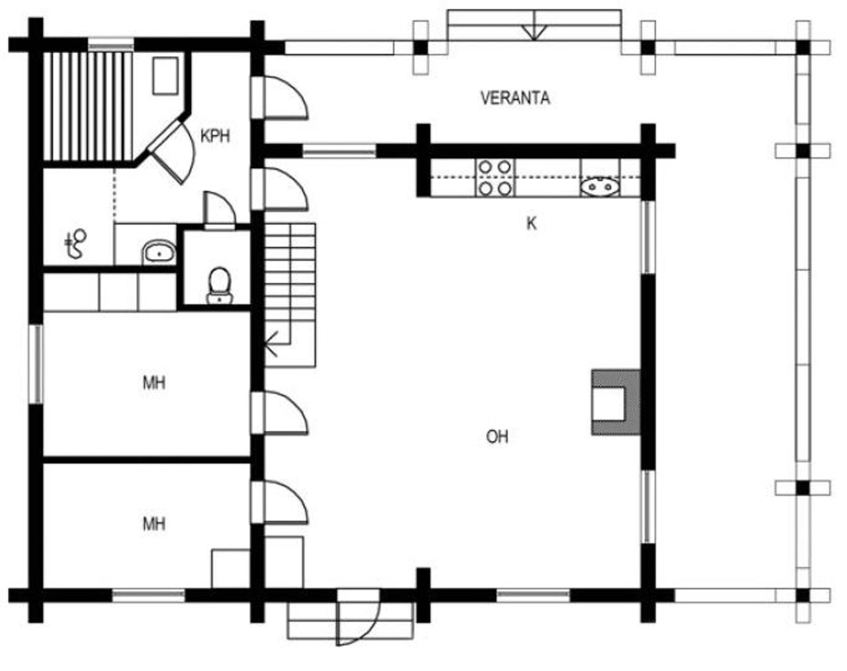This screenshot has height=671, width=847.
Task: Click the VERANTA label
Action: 515,99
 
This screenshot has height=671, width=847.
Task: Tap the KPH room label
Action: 215,136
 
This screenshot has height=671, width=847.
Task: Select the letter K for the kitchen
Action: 531,223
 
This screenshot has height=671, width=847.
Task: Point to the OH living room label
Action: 497,437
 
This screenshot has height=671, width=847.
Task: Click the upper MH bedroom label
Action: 154,383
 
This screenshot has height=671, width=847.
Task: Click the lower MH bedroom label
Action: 154,524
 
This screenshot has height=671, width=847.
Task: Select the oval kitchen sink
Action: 601,187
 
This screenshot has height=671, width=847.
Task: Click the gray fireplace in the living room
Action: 615,402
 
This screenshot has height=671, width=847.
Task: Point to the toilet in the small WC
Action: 219,284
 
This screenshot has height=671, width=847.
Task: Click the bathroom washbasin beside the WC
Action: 159,252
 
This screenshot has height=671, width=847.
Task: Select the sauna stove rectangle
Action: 165,75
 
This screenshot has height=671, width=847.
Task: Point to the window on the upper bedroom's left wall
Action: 38,364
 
